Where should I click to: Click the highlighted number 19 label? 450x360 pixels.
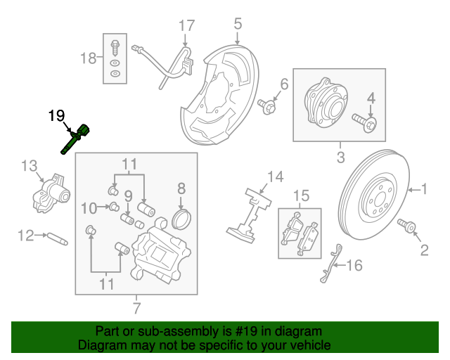coord(56,115)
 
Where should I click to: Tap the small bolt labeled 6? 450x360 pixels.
coord(267,105)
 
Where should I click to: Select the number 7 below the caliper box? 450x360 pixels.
coord(136,307)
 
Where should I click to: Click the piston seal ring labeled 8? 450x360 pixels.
coord(181,217)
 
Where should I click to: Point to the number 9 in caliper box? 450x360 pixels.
coord(129,195)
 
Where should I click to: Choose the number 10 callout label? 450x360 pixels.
coord(88,207)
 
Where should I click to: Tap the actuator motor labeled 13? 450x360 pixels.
coord(49,194)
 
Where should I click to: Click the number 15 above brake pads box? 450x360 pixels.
coord(301,195)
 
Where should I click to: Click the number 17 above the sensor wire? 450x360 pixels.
coord(186,27)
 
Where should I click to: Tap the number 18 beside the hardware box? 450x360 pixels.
coord(89,58)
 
